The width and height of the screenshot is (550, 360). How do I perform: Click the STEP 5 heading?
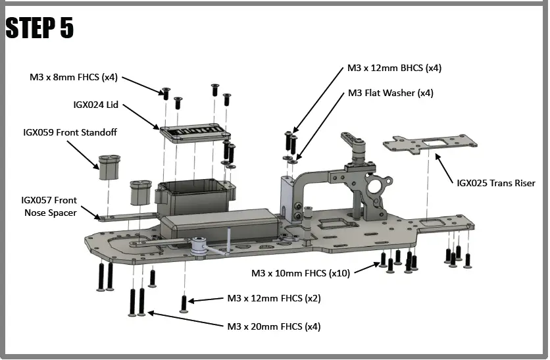coord(39,28)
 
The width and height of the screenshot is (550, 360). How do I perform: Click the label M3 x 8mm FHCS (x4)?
coord(73,77)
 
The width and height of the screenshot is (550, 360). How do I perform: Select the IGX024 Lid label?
coord(96,104)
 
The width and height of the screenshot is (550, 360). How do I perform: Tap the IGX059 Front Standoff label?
coord(70,132)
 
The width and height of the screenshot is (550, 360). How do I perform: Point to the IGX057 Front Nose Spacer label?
coord(49,206)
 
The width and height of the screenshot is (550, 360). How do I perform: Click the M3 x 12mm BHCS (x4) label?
coord(394,68)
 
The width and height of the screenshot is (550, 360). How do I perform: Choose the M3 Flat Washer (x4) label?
coord(390,93)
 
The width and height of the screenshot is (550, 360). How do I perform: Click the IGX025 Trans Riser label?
coord(496,183)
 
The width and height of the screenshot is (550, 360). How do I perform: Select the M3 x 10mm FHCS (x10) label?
coord(301,272)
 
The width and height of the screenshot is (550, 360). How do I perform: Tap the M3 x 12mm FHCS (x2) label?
coord(274,298)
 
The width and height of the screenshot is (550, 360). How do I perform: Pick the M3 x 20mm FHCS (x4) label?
coord(274,326)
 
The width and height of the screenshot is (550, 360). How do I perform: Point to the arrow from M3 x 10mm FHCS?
coord(365,268)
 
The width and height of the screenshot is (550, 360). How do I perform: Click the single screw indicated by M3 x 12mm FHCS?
coord(184,303)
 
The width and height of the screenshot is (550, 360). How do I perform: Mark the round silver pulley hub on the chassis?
coord(200,245)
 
